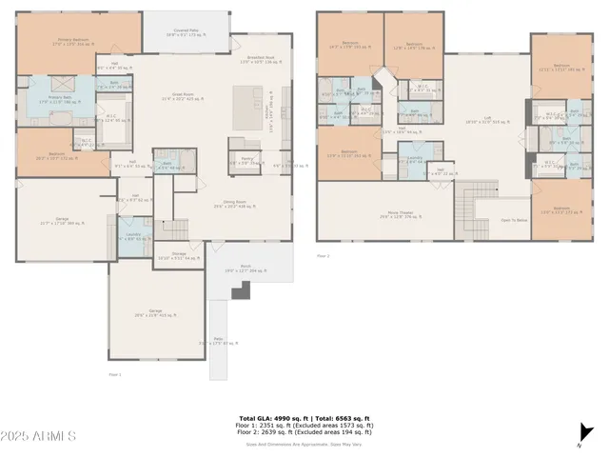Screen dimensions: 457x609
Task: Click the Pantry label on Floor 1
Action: [x=246, y=160]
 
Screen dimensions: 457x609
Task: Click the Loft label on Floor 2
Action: [x=486, y=118]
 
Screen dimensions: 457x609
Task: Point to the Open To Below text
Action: [x=514, y=220]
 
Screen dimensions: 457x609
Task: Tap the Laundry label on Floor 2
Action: [x=415, y=157]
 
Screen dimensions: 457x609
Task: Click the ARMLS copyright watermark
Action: [x=39, y=436]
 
